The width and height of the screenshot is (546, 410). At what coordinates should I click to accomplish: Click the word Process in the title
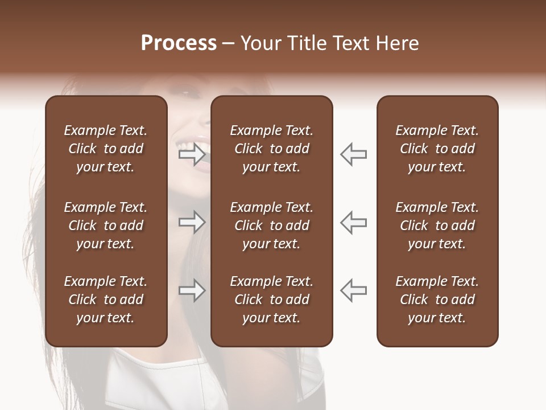[x=179, y=43]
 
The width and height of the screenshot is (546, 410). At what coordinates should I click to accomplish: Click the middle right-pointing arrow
[x=192, y=222]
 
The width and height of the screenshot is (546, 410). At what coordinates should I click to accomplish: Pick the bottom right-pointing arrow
[x=192, y=290]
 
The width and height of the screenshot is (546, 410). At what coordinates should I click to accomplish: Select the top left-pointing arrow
[x=354, y=154]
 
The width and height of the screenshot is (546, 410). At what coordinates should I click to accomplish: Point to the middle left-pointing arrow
[x=354, y=222]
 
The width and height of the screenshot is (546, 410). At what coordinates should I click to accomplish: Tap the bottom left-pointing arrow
[x=354, y=290]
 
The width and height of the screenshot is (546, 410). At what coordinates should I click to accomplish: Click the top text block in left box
[x=106, y=149]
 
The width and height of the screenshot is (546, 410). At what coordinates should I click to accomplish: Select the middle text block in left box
[x=106, y=225]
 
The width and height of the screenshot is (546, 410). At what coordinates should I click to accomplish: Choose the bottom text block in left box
[x=106, y=300]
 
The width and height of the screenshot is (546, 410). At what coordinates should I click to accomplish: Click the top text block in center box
[x=272, y=149]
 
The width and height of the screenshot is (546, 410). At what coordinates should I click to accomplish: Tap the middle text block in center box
[x=272, y=225]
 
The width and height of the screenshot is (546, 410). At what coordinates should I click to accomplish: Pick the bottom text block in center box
[x=272, y=300]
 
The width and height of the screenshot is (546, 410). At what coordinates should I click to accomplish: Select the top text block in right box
[x=437, y=149]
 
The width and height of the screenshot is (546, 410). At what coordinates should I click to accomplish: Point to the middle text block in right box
[x=437, y=225]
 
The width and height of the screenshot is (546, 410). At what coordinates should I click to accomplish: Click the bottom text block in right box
[x=437, y=300]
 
